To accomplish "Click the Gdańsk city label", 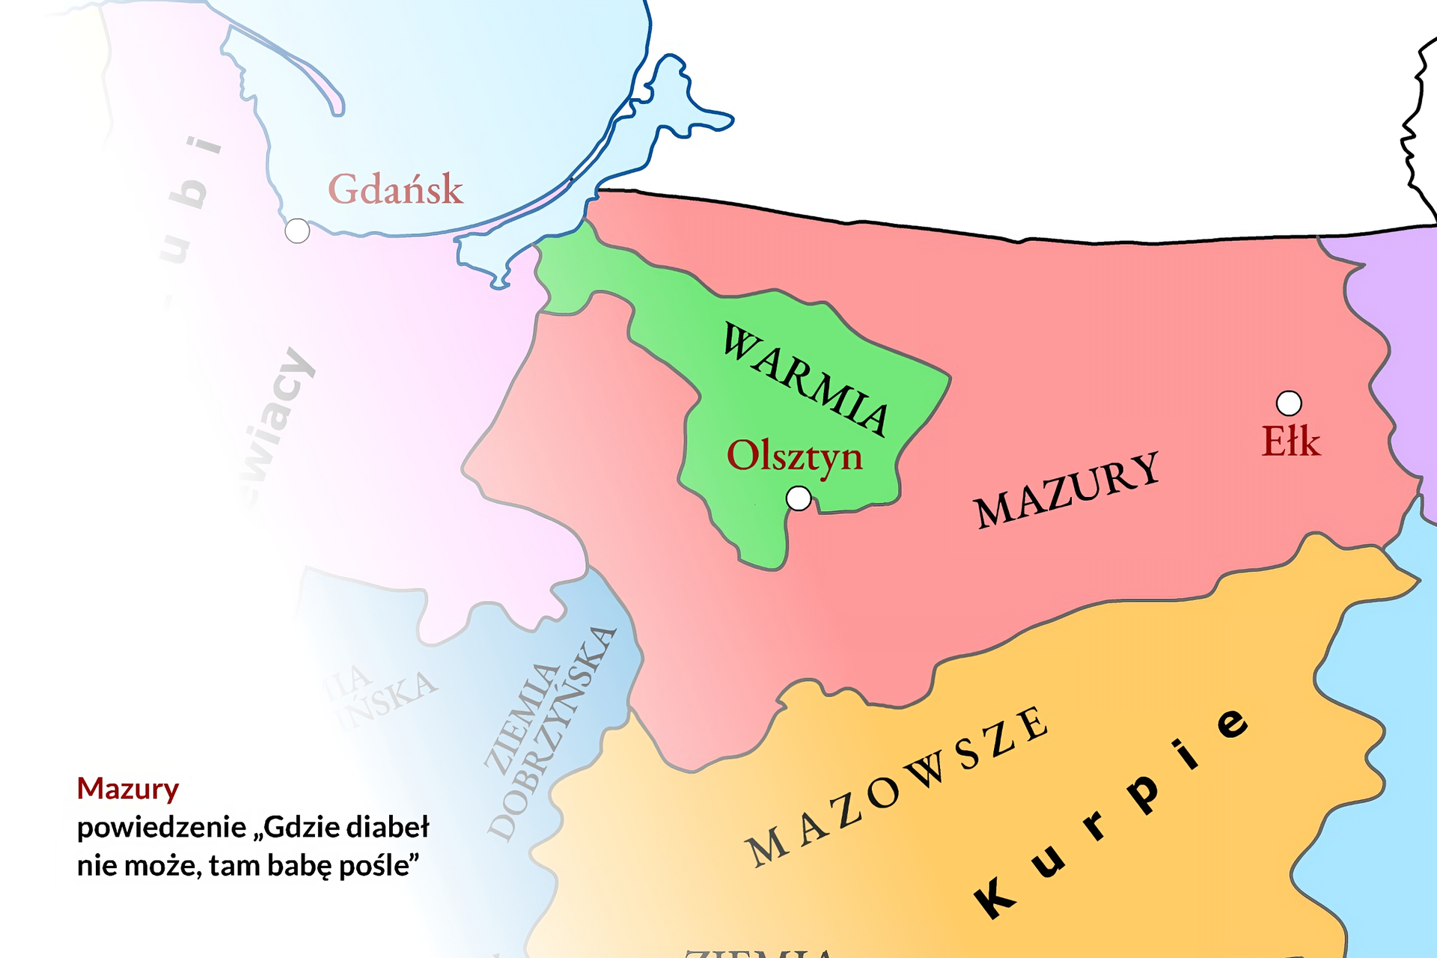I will tap(395, 189).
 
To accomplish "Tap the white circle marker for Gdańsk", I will tap(297, 231).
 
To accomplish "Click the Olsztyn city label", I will tap(794, 457).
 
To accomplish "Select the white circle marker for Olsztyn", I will tap(799, 498).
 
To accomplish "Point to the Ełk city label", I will tap(1290, 442).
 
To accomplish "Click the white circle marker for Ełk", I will tap(1288, 403).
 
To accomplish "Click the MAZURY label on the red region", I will tap(1067, 491).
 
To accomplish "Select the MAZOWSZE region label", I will tap(898, 786).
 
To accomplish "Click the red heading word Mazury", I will tap(128, 789).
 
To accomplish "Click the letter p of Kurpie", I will tap(1144, 793).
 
